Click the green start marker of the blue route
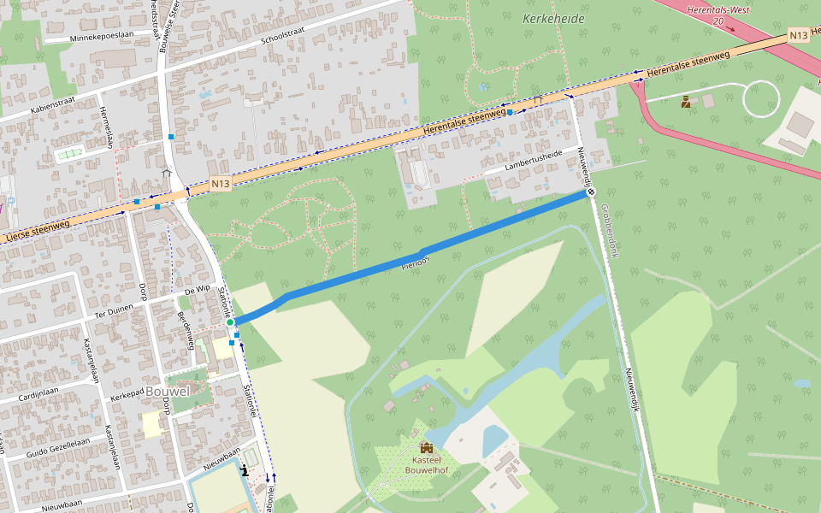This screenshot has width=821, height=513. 230,322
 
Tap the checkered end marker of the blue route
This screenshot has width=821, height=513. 591,192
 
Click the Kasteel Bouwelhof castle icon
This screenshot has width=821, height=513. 426,447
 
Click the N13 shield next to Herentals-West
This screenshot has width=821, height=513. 798,35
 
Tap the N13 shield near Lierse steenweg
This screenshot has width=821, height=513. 221,183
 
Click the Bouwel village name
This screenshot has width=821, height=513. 168,391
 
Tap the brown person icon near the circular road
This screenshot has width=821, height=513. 686,102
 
